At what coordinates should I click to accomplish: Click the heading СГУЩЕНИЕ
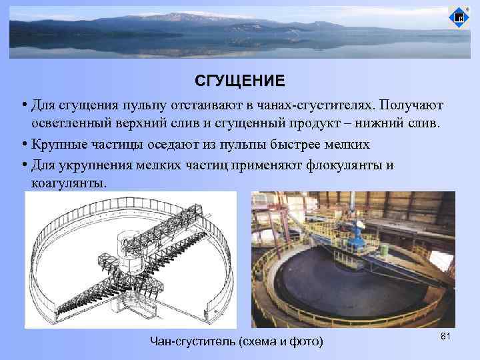point(239,81)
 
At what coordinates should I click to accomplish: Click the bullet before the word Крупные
point(23,144)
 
